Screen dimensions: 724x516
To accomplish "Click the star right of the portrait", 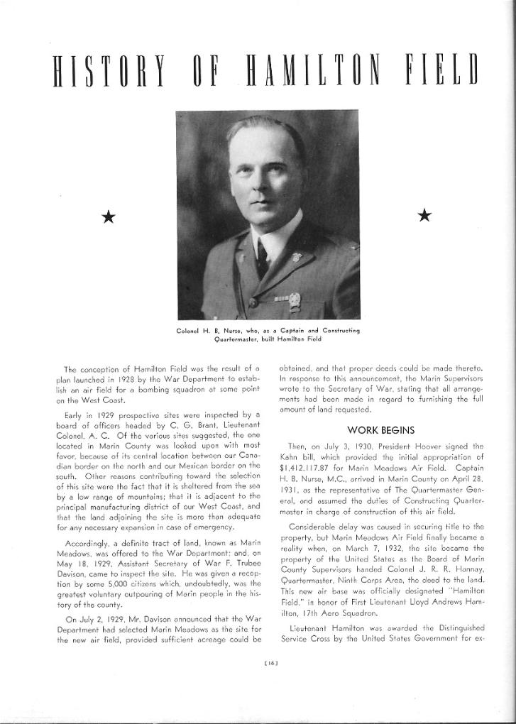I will click(424, 215).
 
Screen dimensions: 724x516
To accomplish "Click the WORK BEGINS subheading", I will click(381, 429).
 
